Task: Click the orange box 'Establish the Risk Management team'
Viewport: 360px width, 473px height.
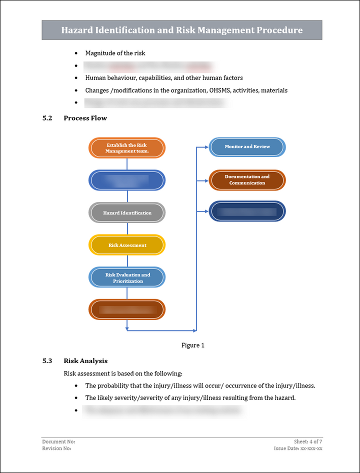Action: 127,148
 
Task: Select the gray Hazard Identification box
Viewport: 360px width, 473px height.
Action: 127,212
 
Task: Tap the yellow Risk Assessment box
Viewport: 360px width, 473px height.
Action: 127,245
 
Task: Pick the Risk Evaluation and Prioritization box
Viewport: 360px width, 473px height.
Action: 127,277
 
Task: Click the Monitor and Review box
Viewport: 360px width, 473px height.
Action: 247,147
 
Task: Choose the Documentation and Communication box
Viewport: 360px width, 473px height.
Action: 247,180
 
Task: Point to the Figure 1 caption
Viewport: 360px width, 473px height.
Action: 192,345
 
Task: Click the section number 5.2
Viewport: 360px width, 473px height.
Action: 47,118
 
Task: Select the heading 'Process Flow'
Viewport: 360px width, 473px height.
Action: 85,118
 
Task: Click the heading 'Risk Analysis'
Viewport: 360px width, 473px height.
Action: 85,360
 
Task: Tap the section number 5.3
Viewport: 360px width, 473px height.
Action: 47,360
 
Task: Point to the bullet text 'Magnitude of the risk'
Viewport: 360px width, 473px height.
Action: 115,53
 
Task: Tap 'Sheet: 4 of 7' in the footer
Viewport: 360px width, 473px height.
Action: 308,441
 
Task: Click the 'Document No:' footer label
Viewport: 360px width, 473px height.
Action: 58,441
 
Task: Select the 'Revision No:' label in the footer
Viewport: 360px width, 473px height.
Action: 56,448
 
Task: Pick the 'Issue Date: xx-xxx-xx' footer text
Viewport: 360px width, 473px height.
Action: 298,448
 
